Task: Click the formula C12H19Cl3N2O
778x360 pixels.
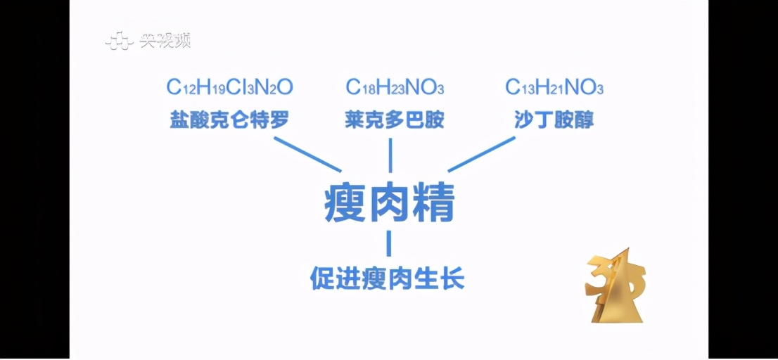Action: (x=230, y=87)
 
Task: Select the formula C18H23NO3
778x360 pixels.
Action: (x=395, y=88)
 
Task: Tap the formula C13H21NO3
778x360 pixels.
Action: (x=554, y=88)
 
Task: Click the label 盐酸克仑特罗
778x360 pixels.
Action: (x=229, y=120)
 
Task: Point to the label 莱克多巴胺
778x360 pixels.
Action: (x=395, y=120)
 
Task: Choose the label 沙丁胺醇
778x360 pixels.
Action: (x=554, y=120)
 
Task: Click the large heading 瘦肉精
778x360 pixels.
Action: (x=390, y=205)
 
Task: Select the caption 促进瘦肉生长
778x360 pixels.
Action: (x=388, y=278)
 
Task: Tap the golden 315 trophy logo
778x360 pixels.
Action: (x=616, y=285)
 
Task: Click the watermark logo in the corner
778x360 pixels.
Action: (x=148, y=41)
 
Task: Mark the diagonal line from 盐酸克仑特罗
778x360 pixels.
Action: (x=307, y=154)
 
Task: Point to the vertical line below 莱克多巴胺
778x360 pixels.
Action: (x=390, y=155)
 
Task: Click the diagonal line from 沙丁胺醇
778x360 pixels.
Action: (x=482, y=154)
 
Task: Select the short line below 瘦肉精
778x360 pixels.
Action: (x=389, y=243)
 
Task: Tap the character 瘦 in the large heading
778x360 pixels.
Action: (x=345, y=205)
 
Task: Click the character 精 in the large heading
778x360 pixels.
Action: (x=434, y=205)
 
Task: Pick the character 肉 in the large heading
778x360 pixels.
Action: (x=390, y=205)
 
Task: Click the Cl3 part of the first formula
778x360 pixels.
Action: (x=241, y=88)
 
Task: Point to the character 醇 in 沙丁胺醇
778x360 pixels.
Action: (x=584, y=120)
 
